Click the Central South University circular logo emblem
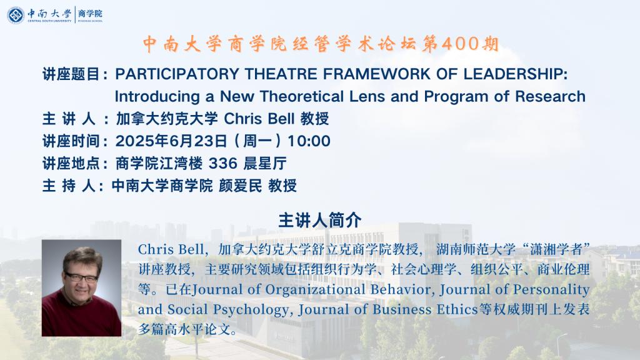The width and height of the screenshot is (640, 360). click(16, 15)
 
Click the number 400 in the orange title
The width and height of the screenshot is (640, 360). click(460, 44)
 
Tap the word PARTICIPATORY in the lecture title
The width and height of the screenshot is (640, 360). click(177, 74)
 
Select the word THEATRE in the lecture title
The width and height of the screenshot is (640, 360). click(281, 74)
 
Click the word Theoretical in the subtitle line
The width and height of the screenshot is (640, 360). click(302, 97)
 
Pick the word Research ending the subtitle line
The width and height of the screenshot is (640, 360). click(550, 97)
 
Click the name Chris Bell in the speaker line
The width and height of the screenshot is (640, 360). click(259, 119)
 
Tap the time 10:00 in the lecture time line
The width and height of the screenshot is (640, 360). click(309, 141)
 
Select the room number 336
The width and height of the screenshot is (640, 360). click(223, 164)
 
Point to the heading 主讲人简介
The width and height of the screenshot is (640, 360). click(320, 221)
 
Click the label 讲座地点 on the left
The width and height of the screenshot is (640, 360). click(71, 164)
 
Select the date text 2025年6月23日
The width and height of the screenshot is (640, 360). click(171, 141)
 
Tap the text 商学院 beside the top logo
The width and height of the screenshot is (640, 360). click(90, 14)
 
